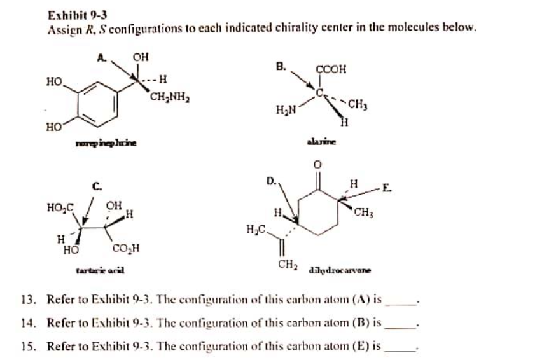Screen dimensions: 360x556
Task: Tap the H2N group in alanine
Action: coord(286,112)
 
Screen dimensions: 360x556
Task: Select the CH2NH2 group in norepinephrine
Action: coord(169,98)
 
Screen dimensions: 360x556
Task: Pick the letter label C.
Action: coord(97,186)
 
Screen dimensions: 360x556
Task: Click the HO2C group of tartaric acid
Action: coord(60,207)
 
